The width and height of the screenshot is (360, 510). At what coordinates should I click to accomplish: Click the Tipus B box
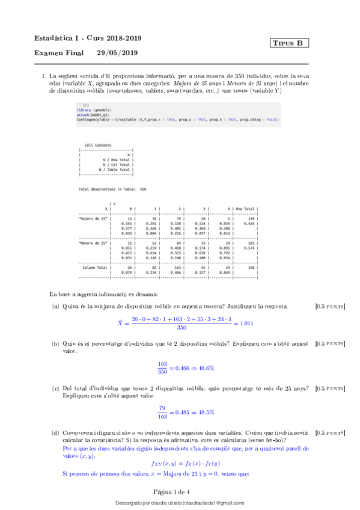pos(290,43)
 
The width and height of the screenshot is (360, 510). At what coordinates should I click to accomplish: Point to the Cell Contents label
pos(97,146)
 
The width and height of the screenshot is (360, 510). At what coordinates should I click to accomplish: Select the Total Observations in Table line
pos(112,189)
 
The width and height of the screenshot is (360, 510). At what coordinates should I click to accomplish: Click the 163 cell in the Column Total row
pos(178,267)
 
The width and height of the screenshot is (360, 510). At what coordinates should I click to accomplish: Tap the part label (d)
pos(56,432)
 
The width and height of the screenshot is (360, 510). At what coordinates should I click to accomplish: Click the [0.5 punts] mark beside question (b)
pos(329,343)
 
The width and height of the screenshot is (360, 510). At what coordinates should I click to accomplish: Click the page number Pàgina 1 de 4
pos(179,491)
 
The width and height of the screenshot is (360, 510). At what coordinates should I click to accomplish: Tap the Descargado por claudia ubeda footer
pos(180,503)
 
